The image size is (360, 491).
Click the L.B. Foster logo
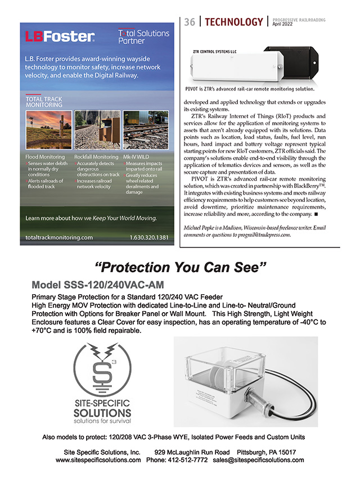coord(60,37)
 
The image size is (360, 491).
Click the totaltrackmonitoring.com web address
coord(59,237)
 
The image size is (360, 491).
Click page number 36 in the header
coord(190,22)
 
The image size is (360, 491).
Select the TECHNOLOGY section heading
coord(233,22)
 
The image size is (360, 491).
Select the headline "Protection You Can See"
coord(180,266)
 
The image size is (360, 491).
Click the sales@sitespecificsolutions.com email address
coord(258,460)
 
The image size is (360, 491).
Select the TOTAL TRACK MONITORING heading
coord(44,102)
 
